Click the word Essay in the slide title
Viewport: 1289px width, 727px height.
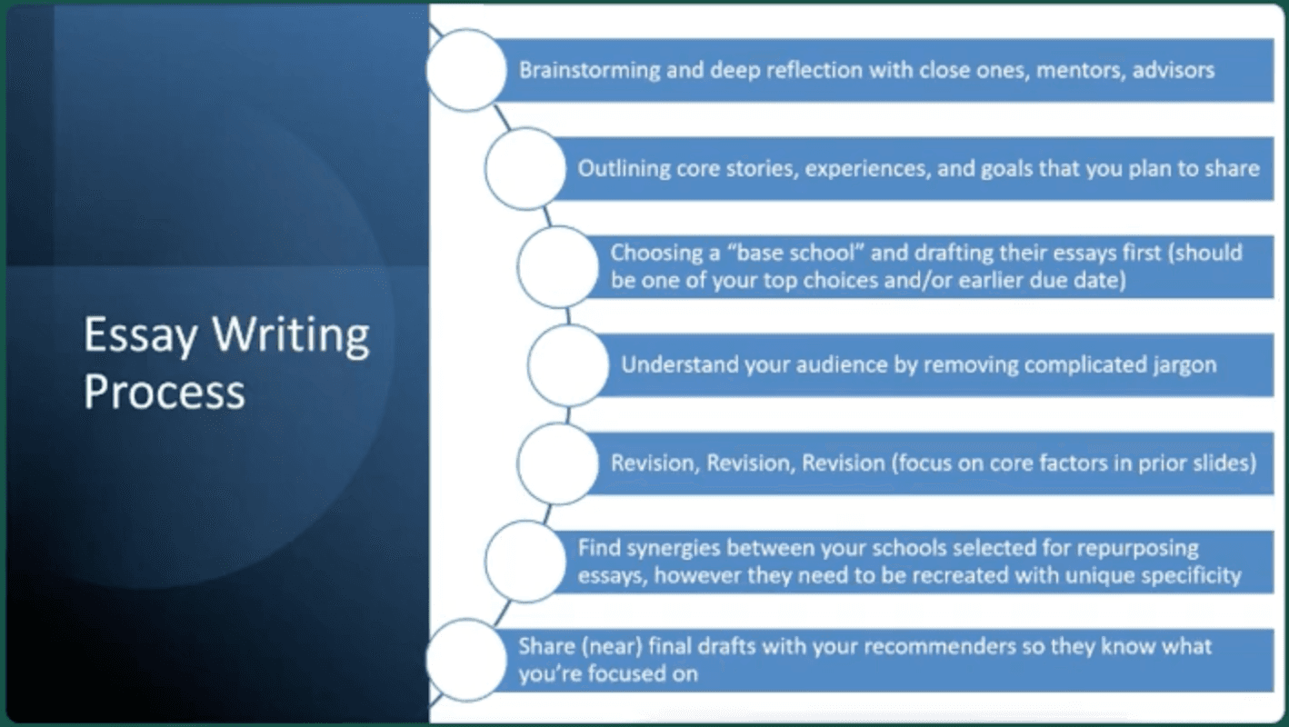point(140,335)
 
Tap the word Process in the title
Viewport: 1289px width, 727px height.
point(165,392)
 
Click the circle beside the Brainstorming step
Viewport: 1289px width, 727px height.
point(466,70)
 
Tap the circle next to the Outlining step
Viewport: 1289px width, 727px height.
point(525,168)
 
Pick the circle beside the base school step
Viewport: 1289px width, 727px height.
point(557,266)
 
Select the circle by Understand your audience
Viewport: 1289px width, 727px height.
point(568,364)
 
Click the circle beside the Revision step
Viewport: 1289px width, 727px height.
point(557,463)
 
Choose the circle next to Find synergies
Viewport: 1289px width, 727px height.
point(525,562)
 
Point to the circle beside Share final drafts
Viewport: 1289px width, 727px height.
point(466,660)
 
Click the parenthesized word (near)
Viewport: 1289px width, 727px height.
point(612,647)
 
